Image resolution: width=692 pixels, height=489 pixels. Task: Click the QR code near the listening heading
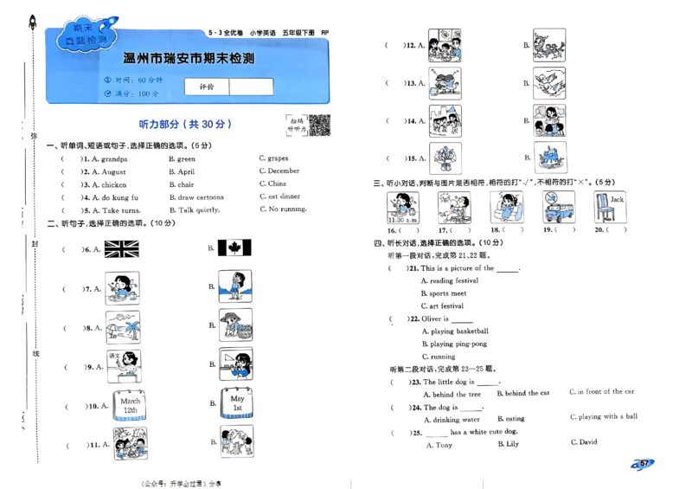point(320,125)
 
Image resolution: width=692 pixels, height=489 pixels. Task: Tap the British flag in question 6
point(121,249)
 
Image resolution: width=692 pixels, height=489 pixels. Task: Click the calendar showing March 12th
point(130,405)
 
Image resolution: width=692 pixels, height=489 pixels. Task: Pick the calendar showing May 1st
point(236,404)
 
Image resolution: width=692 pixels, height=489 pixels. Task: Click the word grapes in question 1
point(277,158)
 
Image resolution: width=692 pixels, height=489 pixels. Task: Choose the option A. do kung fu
point(109,197)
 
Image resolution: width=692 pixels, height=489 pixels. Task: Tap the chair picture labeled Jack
point(610,208)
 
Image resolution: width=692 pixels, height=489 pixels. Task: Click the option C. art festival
point(442,306)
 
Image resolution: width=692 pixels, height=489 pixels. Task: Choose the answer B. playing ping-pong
point(454,344)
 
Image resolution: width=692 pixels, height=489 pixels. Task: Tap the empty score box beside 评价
point(252,87)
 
